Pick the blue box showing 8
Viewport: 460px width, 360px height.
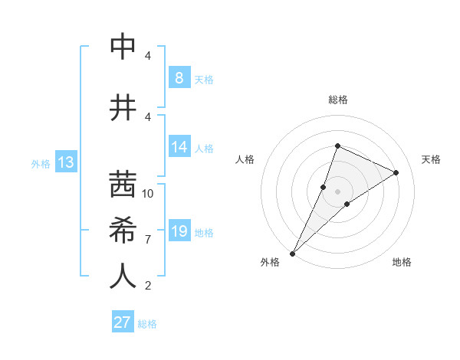[179, 78]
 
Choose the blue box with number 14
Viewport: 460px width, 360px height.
[179, 147]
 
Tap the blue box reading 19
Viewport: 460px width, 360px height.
[179, 231]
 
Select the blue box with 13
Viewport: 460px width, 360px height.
[66, 162]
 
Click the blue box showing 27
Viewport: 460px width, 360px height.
[123, 322]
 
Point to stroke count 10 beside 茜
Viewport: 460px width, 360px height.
[148, 194]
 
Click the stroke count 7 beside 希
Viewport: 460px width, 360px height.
[148, 240]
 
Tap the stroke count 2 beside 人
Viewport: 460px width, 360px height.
[148, 286]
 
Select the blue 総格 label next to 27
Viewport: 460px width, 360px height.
[147, 324]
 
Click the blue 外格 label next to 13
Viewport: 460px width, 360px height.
[41, 163]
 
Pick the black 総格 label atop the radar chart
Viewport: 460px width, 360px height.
[337, 100]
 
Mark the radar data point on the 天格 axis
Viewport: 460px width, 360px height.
[396, 172]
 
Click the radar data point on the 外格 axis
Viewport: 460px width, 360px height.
[292, 254]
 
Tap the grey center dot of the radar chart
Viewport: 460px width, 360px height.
[337, 191]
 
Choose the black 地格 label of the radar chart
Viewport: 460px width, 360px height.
[402, 262]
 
